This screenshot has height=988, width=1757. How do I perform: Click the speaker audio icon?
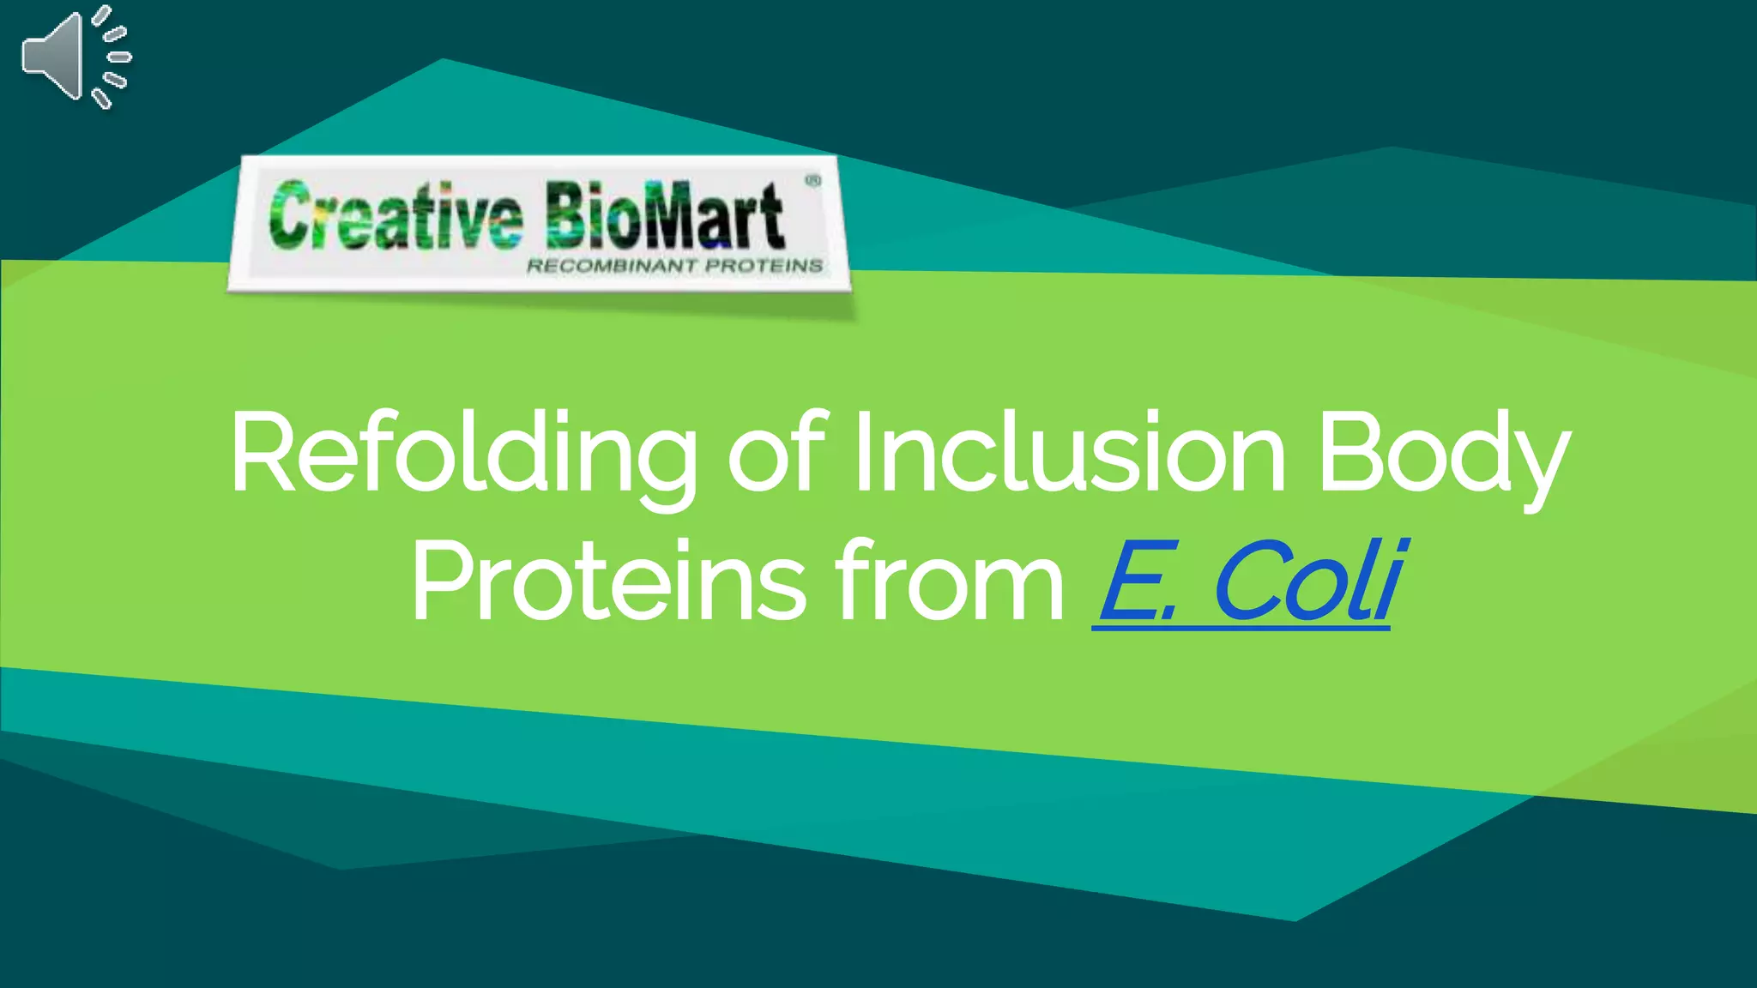coord(75,57)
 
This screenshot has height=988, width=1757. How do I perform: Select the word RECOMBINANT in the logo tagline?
coord(611,266)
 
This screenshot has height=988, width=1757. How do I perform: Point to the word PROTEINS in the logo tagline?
coord(764,266)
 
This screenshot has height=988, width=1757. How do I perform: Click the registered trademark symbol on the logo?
coord(812,181)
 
